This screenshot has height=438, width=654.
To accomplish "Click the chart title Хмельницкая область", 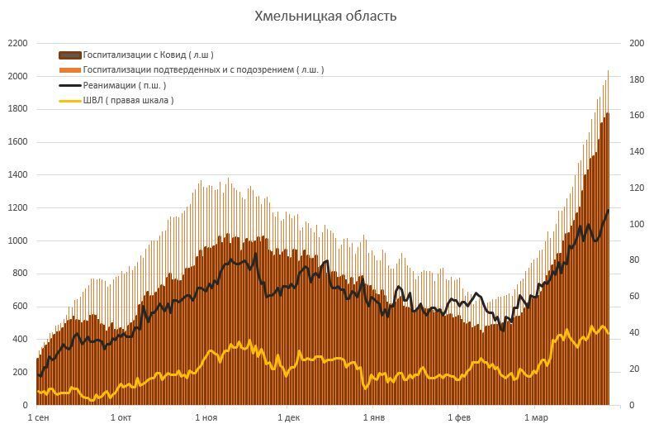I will pos(325,17).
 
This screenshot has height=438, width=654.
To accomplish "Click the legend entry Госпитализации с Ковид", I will pos(148,55).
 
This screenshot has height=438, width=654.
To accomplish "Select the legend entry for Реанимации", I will pos(124,85).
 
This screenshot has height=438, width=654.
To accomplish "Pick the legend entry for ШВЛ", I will pos(128,100).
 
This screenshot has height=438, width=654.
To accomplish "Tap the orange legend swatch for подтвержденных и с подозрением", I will pos(70,70).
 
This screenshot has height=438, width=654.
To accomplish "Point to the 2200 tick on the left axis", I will pos(17,43).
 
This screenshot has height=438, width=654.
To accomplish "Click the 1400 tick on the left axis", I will pos(17,175).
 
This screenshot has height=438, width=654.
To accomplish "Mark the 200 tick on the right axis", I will pos(637,43).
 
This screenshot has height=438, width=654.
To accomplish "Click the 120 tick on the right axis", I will pos(637,188).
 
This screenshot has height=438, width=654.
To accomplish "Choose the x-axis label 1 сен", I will pos(38,418).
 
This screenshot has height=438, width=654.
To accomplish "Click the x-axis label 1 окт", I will pos(121,418).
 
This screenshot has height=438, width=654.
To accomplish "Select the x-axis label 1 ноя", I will pos(206,418).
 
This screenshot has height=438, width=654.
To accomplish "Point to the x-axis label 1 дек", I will pos(289,418).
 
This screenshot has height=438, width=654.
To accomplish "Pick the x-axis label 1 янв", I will pos(373,418).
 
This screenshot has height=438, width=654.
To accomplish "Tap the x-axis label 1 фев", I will pos(459,418).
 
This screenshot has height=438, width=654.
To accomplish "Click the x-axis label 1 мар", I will pos(536,418).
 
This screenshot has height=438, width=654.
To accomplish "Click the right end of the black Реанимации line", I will pos(609,210).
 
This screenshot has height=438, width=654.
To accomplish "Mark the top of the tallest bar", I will pos(609,71).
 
